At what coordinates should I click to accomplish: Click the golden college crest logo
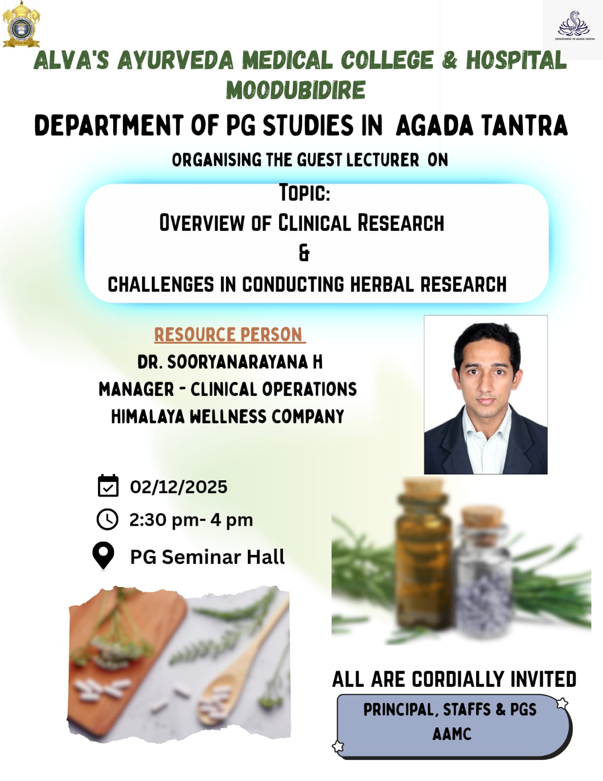pyautogui.click(x=21, y=24)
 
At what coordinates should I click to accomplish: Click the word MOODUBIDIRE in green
pyautogui.click(x=296, y=90)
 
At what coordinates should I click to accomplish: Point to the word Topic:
pyautogui.click(x=304, y=192)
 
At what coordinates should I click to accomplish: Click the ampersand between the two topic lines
pyautogui.click(x=304, y=253)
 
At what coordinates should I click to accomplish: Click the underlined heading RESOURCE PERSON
pyautogui.click(x=230, y=335)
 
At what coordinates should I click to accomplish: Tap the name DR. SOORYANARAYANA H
pyautogui.click(x=230, y=362)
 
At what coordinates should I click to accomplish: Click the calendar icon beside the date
pyautogui.click(x=108, y=486)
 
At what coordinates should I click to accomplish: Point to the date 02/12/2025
pyautogui.click(x=179, y=487)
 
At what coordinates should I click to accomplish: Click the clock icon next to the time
pyautogui.click(x=107, y=519)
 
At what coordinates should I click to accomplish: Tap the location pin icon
pyautogui.click(x=103, y=555)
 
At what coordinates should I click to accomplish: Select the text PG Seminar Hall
pyautogui.click(x=207, y=557)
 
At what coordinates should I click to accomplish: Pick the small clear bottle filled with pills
pyautogui.click(x=482, y=571)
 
